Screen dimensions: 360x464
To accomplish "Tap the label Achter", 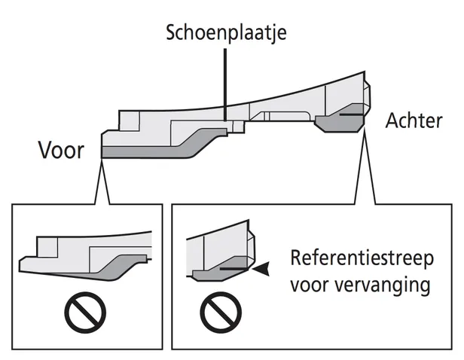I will pos(414,120).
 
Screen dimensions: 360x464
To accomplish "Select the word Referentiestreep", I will pos(362,258).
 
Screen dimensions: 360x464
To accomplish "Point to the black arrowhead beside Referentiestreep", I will pos(261,267).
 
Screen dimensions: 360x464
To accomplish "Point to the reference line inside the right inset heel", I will pos(234,267).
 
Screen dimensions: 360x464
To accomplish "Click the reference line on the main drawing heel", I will pos(350,116).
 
